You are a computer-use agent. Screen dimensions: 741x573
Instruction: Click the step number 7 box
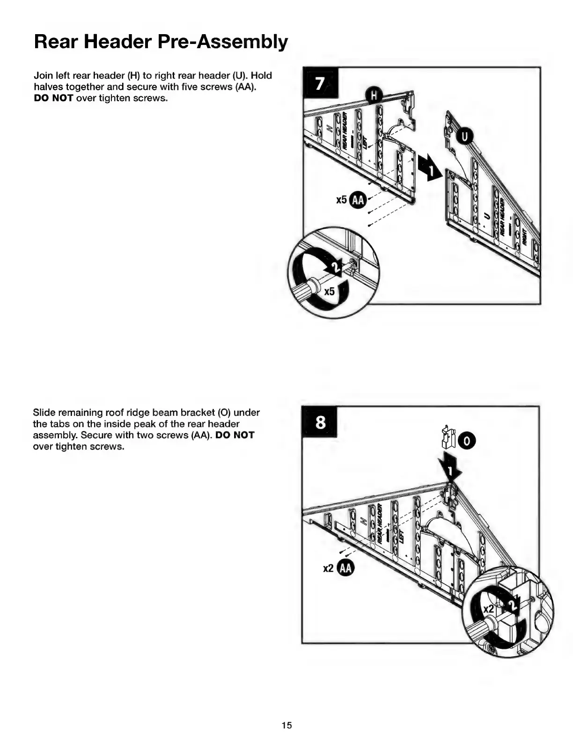pyautogui.click(x=319, y=83)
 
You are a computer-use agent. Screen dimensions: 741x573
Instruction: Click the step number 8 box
pyautogui.click(x=320, y=422)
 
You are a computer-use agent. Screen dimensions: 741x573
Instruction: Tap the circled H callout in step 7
pyautogui.click(x=374, y=96)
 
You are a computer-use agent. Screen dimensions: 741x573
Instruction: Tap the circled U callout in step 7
pyautogui.click(x=464, y=137)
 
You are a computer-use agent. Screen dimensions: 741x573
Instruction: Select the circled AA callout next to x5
pyautogui.click(x=358, y=200)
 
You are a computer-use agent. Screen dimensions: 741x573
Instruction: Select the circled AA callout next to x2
pyautogui.click(x=345, y=568)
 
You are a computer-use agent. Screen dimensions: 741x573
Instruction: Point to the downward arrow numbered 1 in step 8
pyautogui.click(x=449, y=468)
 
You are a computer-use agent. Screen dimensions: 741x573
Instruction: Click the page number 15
pyautogui.click(x=286, y=725)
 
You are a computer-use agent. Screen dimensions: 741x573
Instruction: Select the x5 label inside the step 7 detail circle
pyautogui.click(x=330, y=291)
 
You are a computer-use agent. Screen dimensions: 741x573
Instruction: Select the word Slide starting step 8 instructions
pyautogui.click(x=44, y=413)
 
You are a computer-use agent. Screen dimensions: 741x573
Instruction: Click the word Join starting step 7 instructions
pyautogui.click(x=43, y=76)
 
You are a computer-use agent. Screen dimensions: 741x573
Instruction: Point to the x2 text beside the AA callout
pyautogui.click(x=329, y=568)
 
